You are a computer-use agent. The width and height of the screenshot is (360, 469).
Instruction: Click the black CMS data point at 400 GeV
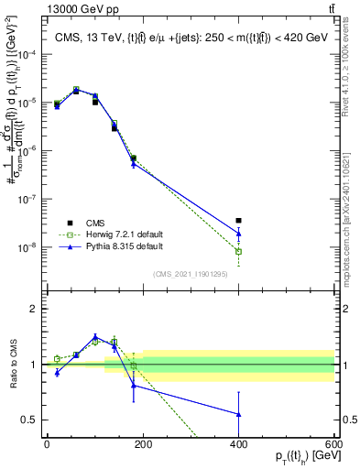click(x=238, y=221)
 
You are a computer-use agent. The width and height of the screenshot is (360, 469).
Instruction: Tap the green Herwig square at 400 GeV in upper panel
click(x=238, y=251)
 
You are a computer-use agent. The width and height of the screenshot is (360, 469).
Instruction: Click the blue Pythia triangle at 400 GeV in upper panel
click(x=238, y=233)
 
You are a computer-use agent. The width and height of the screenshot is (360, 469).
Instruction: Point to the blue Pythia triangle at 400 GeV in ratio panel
click(x=238, y=414)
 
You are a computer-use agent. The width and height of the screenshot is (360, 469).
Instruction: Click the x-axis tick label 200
click(x=143, y=443)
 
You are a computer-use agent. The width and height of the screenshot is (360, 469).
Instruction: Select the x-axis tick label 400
click(x=238, y=443)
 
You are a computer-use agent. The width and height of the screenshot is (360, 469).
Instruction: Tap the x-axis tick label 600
click(x=333, y=443)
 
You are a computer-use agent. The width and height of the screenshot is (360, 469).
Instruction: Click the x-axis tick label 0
click(x=47, y=443)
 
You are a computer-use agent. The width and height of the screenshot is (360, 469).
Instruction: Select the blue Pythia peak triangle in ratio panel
click(x=95, y=336)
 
